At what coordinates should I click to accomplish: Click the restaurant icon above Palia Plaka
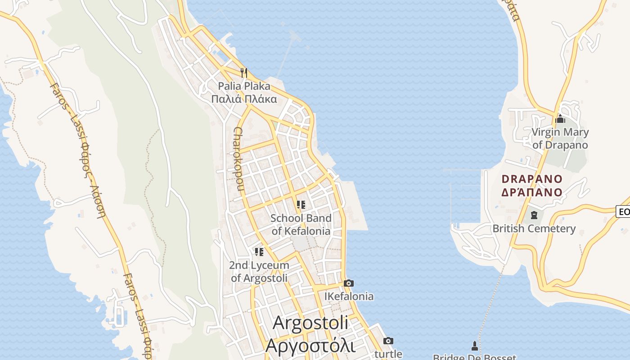tap(244, 72)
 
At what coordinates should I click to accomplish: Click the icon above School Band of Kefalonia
tap(301, 205)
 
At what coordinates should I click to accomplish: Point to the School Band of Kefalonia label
tap(301, 225)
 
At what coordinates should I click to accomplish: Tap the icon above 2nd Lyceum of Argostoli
tap(259, 252)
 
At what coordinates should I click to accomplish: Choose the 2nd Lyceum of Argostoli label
tap(259, 271)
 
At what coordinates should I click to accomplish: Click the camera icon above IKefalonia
tap(348, 283)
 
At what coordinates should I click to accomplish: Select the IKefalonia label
tap(349, 297)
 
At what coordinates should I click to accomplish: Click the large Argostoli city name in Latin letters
tap(310, 323)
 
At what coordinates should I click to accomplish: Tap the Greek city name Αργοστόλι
tap(310, 346)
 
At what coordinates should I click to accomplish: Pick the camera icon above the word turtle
tap(388, 341)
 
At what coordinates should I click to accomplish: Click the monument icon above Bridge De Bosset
tap(474, 346)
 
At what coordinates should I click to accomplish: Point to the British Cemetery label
tap(534, 229)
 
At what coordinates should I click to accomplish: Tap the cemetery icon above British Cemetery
tap(534, 215)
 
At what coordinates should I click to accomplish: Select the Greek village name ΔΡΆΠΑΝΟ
tap(532, 192)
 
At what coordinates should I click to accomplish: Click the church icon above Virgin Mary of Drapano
tap(560, 119)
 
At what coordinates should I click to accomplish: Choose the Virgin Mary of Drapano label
tap(560, 139)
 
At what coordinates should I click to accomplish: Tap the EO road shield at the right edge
tap(624, 211)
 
